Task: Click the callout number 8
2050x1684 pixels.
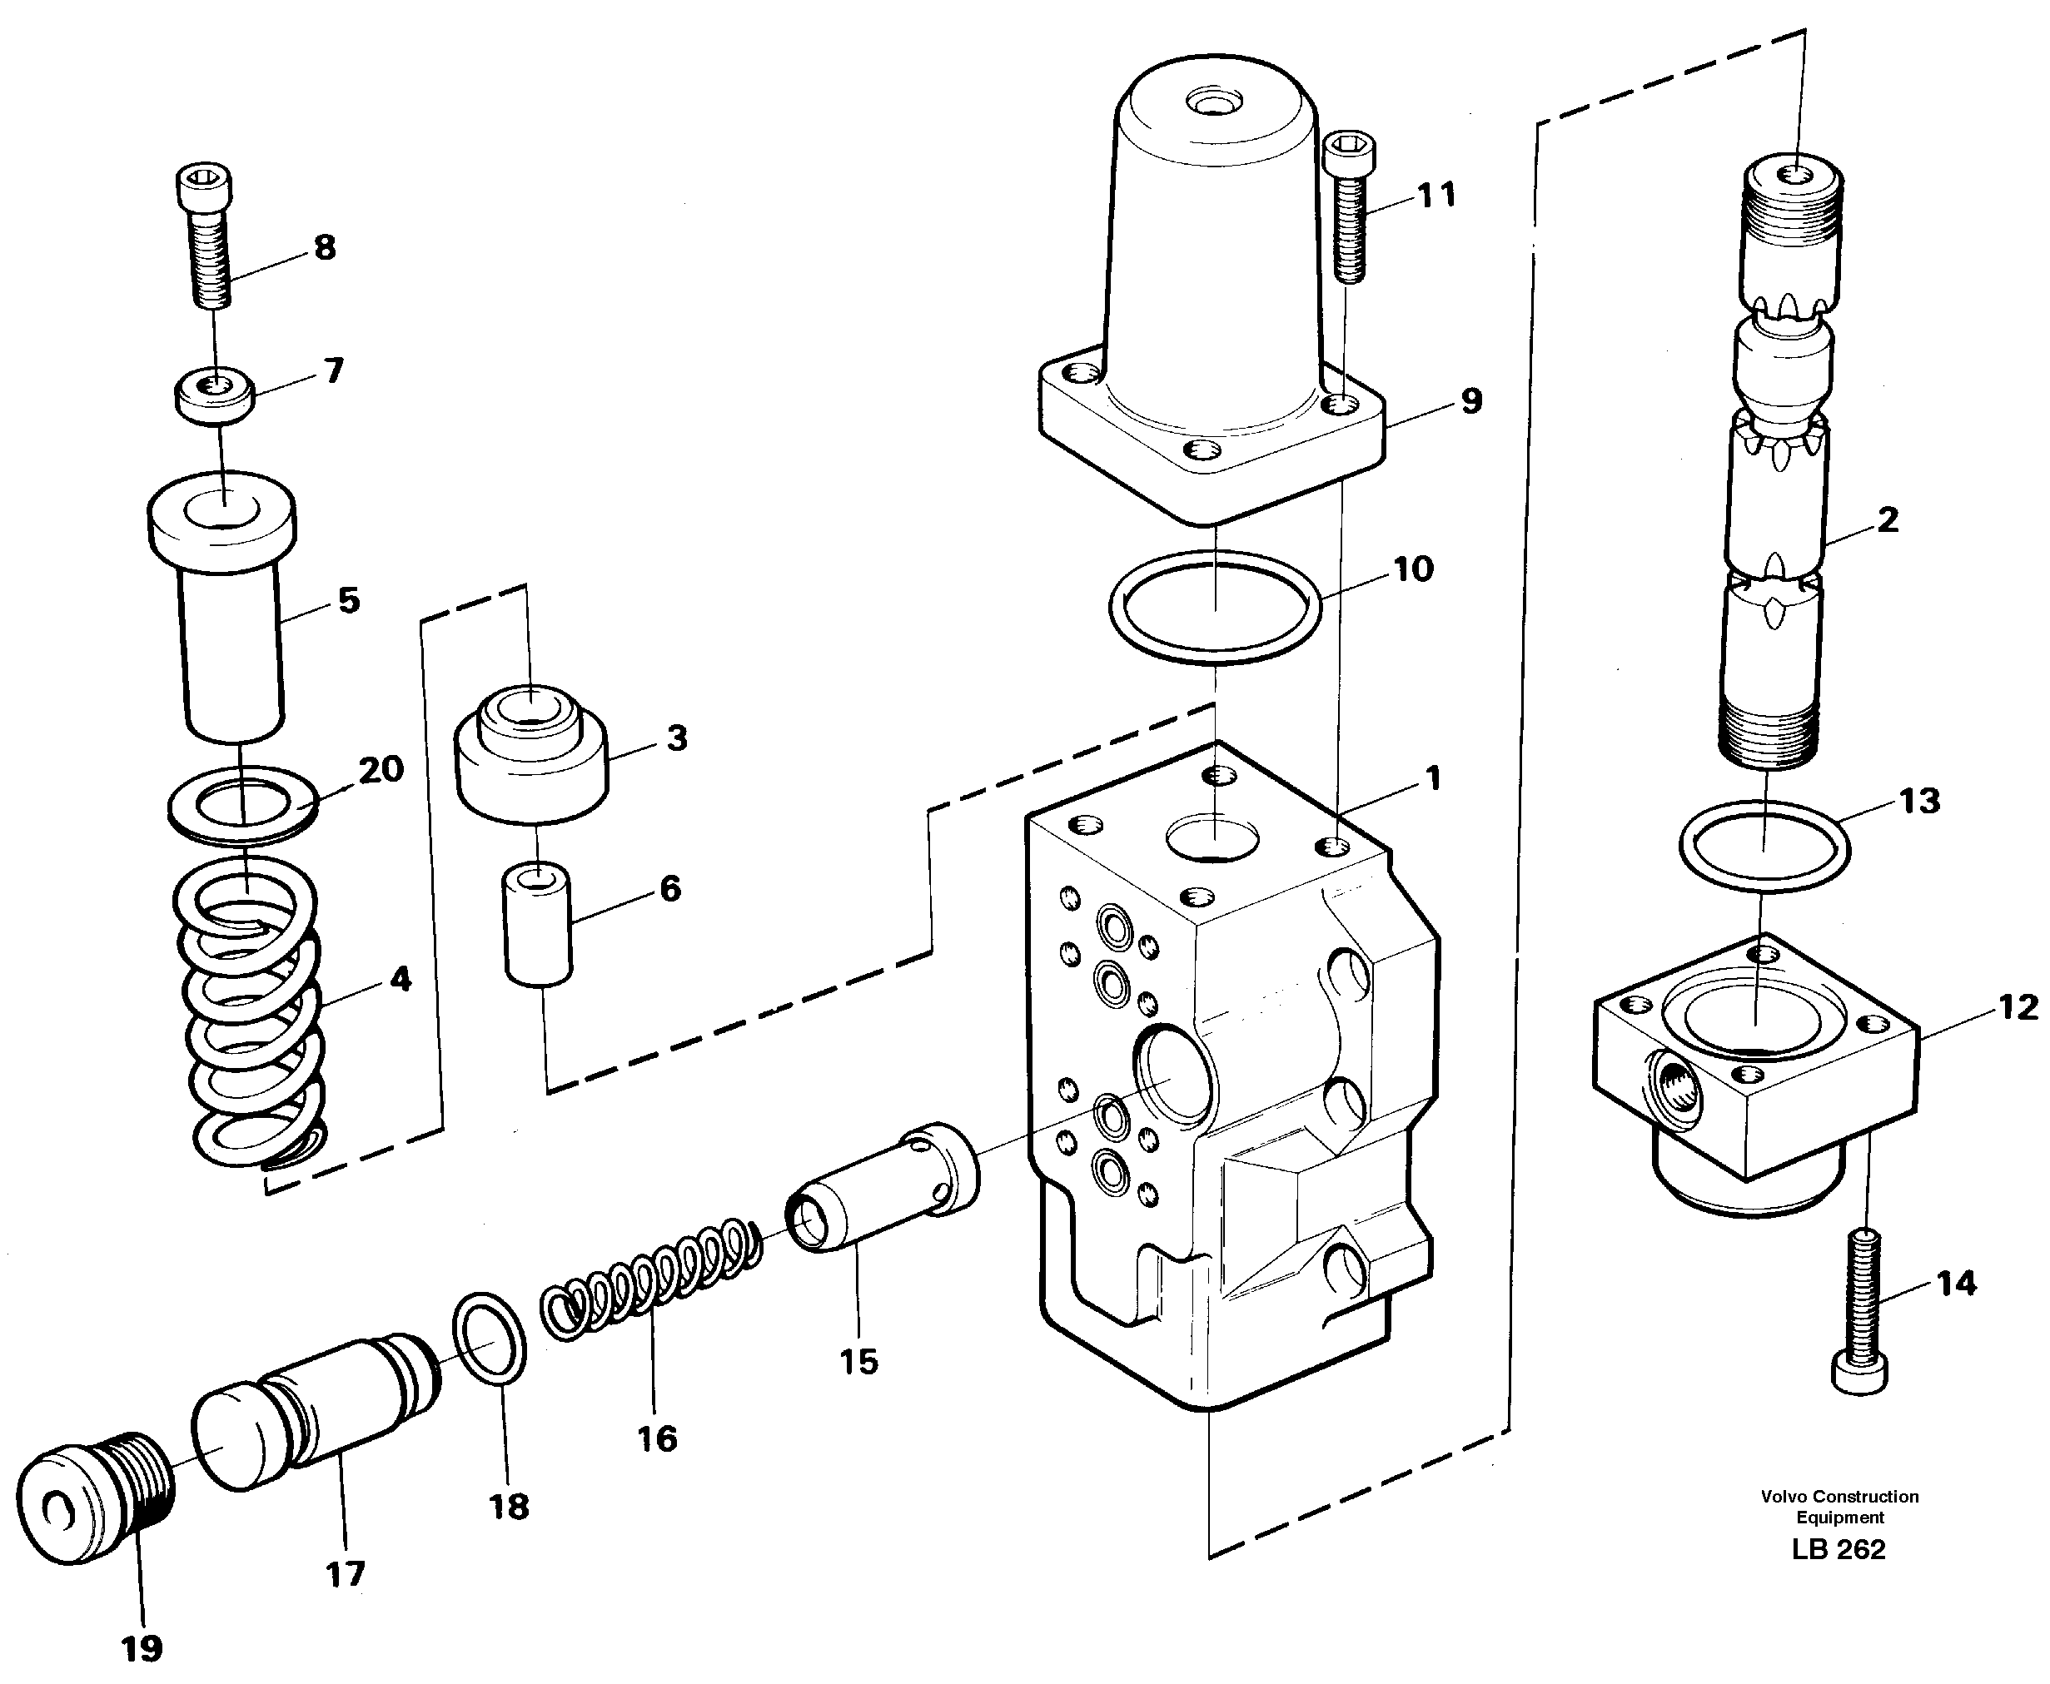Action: click(x=324, y=247)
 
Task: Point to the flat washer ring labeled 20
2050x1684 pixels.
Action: click(x=242, y=803)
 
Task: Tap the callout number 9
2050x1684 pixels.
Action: click(x=1470, y=400)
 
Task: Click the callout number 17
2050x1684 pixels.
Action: click(x=345, y=1572)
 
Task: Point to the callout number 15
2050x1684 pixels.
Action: click(x=858, y=1361)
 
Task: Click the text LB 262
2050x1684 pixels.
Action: click(x=1839, y=1549)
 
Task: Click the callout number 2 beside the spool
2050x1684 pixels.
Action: click(x=1887, y=520)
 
